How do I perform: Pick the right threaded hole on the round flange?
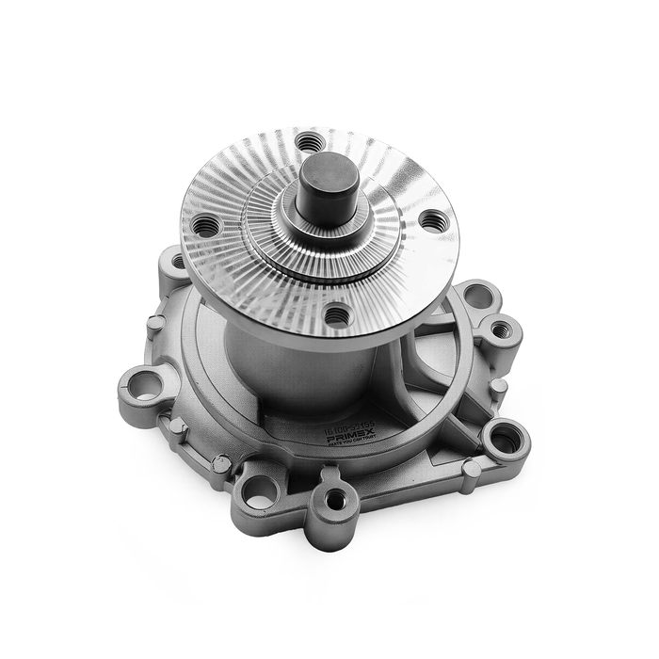pyautogui.click(x=431, y=221)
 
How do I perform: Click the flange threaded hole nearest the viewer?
pyautogui.click(x=337, y=316)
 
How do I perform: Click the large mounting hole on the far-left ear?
pyautogui.click(x=144, y=384)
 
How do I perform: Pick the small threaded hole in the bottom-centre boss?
pyautogui.click(x=334, y=500)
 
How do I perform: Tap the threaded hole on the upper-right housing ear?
pyautogui.click(x=501, y=329)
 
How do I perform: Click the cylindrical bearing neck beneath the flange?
pyautogui.click(x=282, y=362)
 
